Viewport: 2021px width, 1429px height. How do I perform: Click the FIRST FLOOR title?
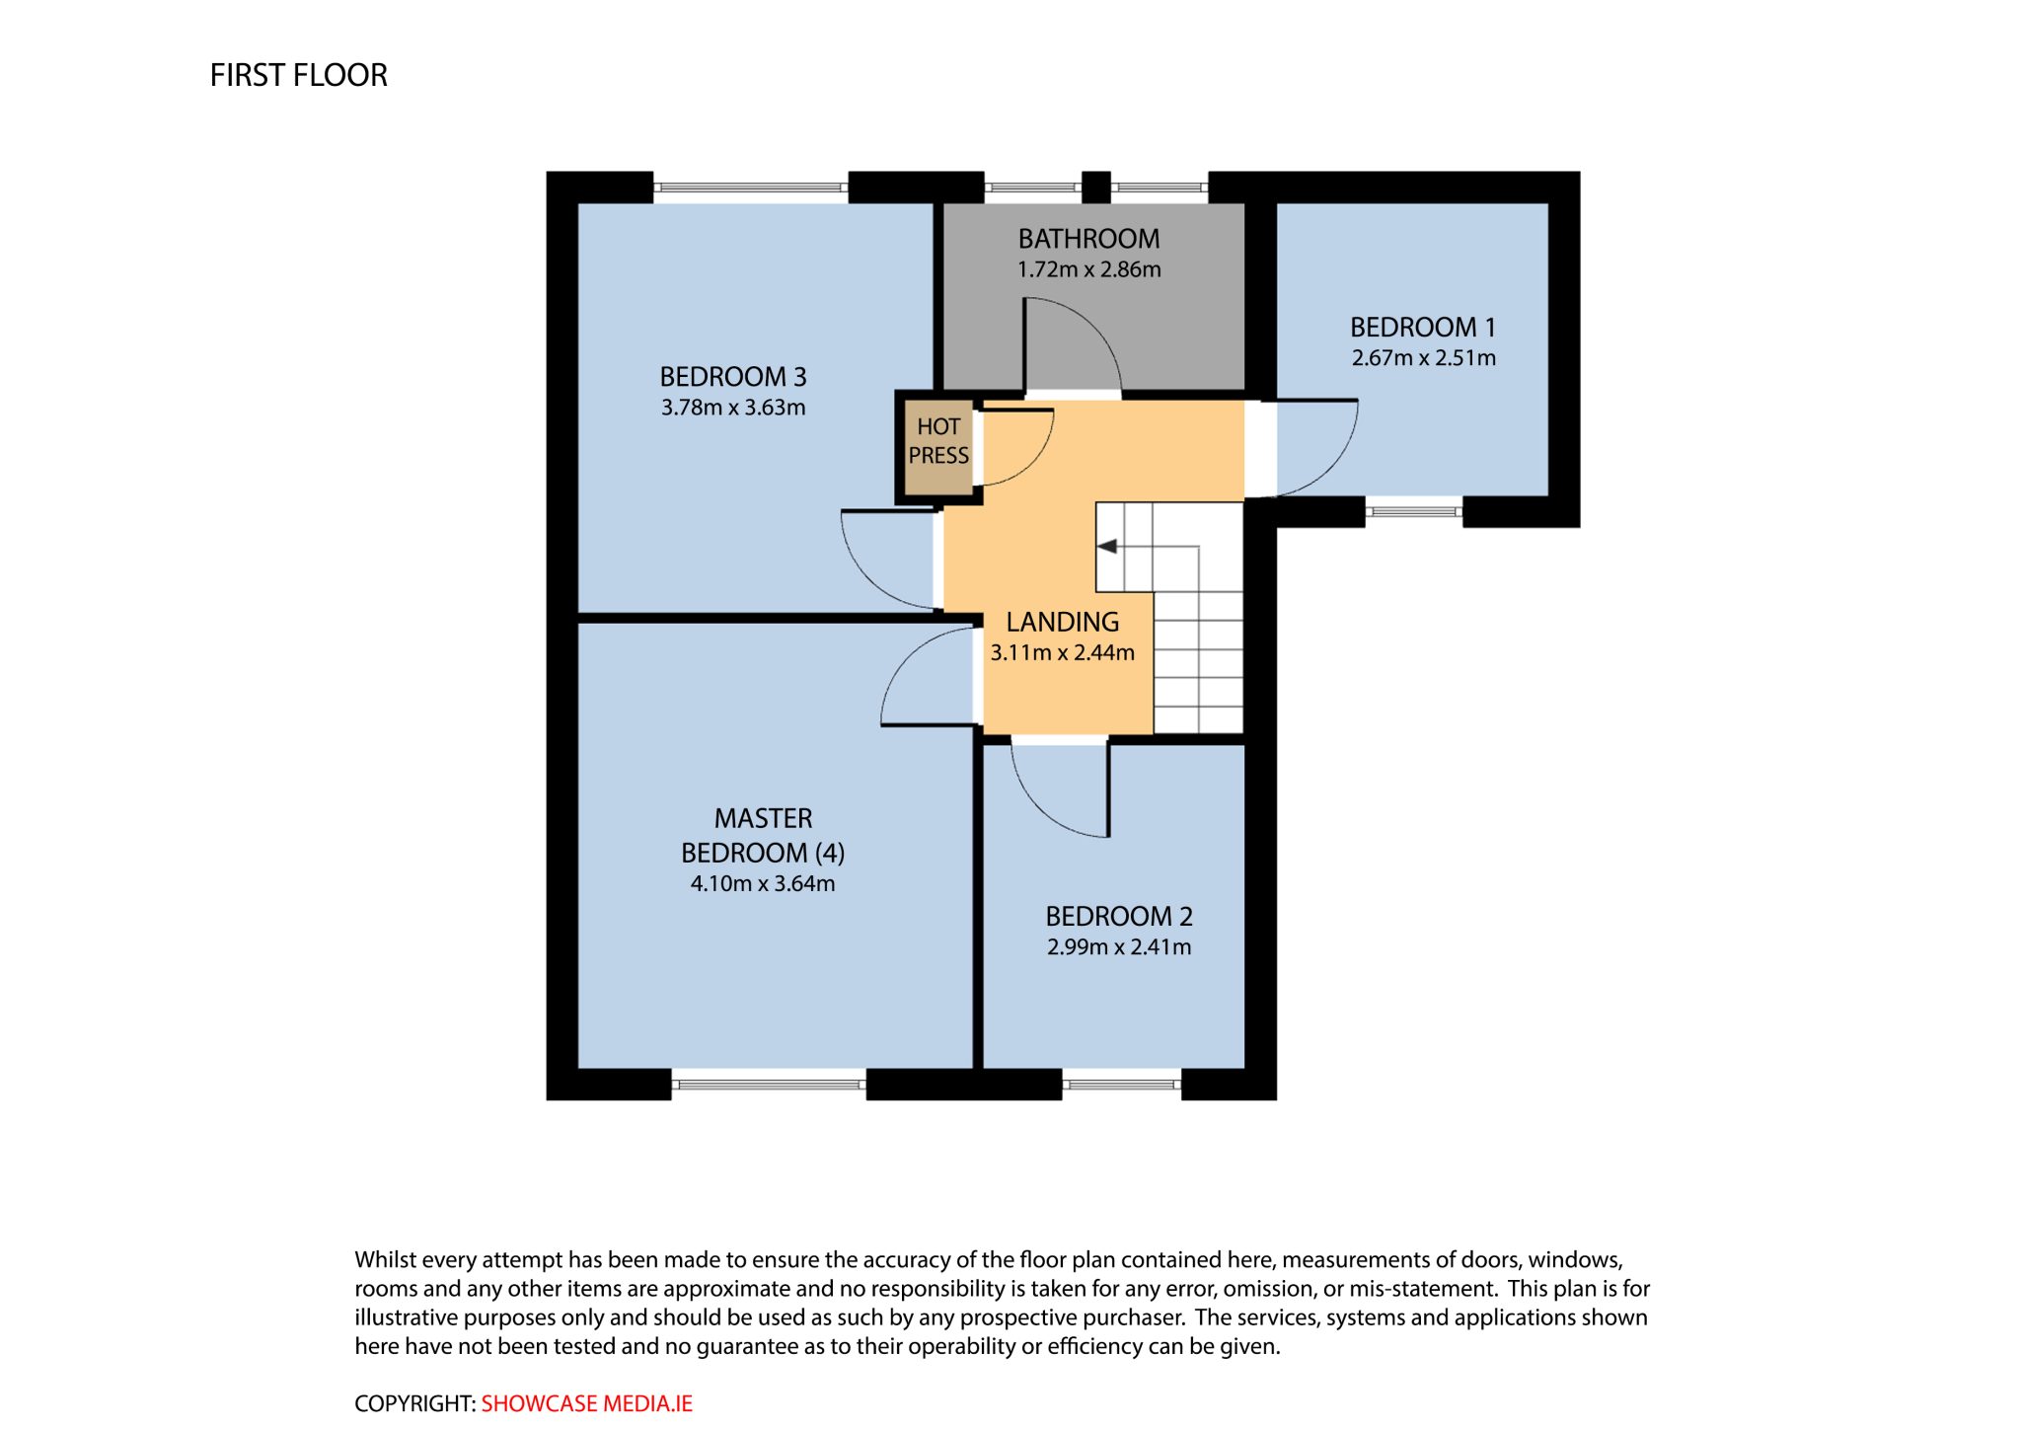(x=298, y=75)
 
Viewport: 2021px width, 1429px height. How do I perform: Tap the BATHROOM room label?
(x=1088, y=239)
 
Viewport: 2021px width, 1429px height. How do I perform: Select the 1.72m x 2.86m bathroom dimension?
(x=1088, y=269)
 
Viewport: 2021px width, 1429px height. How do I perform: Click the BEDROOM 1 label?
(x=1423, y=328)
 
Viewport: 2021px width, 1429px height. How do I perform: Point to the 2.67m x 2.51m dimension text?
(x=1423, y=358)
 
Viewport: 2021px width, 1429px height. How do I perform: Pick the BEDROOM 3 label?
(x=733, y=377)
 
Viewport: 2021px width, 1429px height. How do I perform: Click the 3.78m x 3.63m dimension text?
(x=733, y=408)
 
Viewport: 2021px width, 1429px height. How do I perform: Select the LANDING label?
(x=1063, y=622)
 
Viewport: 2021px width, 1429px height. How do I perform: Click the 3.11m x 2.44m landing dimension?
(x=1063, y=652)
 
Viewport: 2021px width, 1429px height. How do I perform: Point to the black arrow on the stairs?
(x=1107, y=546)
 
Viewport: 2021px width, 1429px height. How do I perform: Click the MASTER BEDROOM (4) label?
(x=763, y=836)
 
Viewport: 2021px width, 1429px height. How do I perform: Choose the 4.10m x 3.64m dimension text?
(x=763, y=883)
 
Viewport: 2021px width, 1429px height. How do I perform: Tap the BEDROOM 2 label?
(x=1119, y=917)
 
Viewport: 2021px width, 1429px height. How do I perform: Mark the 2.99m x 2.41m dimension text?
(x=1119, y=947)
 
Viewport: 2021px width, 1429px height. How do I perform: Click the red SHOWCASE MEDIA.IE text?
(x=587, y=1403)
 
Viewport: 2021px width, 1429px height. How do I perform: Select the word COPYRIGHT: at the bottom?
(x=415, y=1403)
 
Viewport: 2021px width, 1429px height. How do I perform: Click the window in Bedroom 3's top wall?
(x=751, y=187)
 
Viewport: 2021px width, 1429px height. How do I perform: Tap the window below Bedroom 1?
(x=1414, y=511)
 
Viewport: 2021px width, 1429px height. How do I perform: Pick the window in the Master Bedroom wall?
(x=769, y=1085)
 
